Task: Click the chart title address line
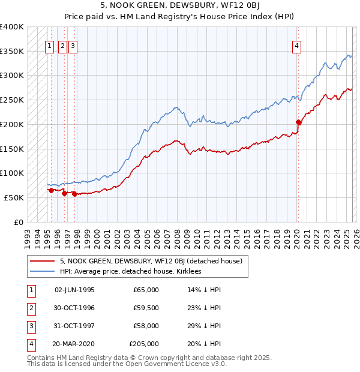[180, 5]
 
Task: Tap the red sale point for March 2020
[298, 122]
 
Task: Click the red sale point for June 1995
[51, 190]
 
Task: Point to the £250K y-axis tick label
[12, 100]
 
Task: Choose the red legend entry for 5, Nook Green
[150, 261]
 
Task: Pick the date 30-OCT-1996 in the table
[74, 308]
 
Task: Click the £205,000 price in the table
[144, 344]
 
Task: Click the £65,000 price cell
[146, 290]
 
